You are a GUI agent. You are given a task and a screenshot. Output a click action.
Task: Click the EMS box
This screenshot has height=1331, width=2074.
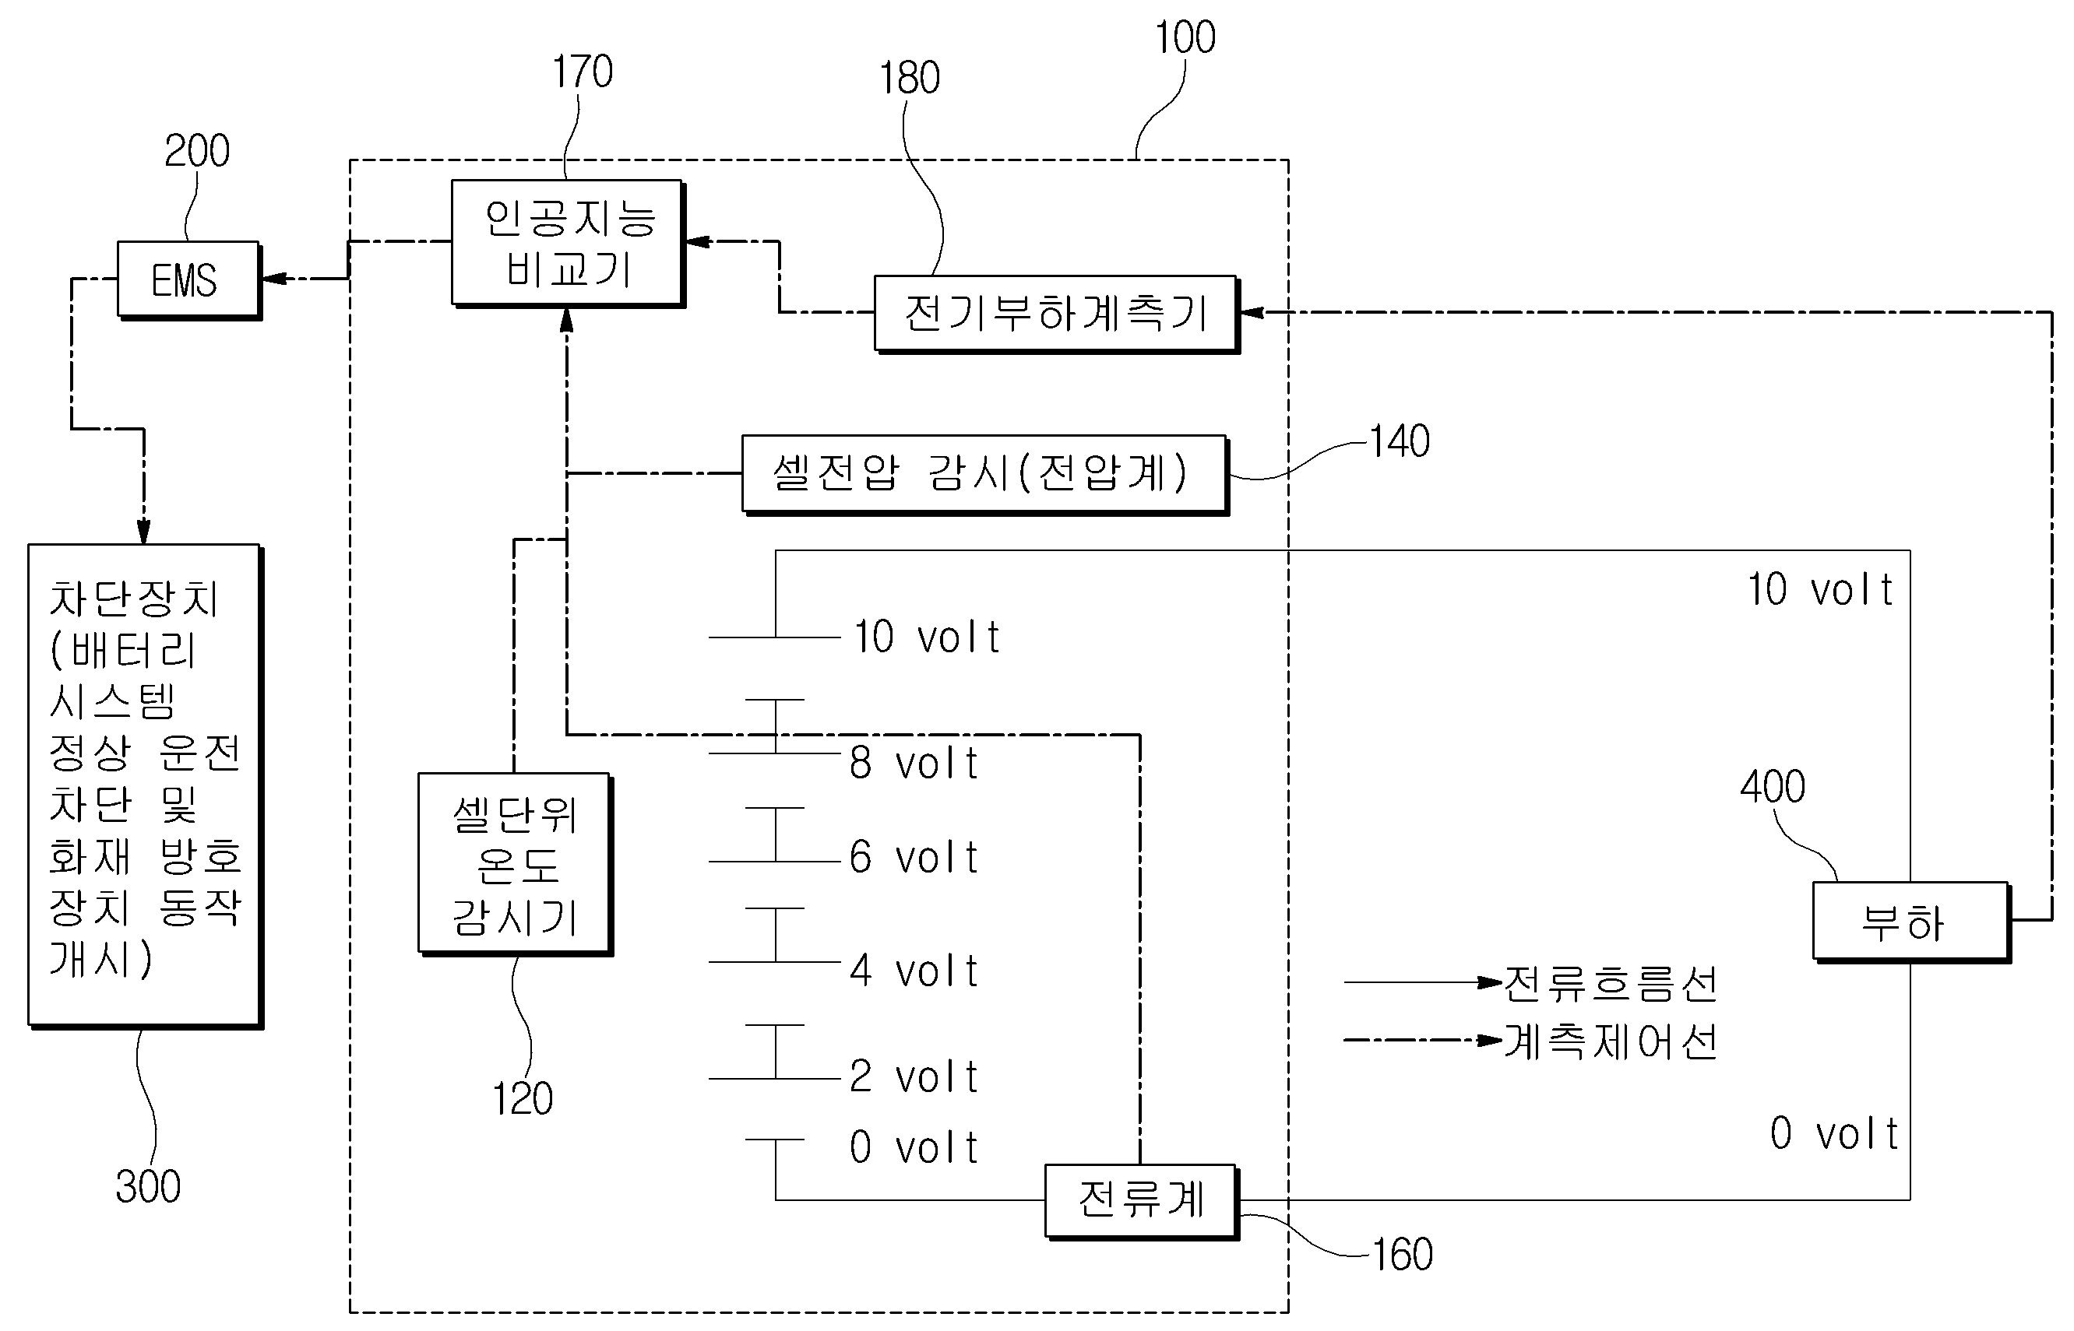pos(188,279)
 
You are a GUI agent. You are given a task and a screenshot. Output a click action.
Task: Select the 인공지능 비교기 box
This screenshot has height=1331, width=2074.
pos(567,242)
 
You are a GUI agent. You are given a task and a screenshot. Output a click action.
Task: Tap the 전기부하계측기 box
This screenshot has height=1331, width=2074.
pos(1055,313)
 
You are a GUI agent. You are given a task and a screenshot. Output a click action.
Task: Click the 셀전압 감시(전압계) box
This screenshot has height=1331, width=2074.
pos(984,473)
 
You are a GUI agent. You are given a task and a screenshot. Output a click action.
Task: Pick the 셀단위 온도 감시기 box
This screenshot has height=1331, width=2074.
pos(514,863)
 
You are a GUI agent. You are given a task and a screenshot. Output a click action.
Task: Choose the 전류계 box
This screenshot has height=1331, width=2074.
pos(1140,1200)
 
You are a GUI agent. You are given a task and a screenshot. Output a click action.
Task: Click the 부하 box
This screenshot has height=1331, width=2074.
pos(1909,922)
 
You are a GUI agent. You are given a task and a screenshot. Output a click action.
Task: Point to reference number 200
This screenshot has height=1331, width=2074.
pos(197,151)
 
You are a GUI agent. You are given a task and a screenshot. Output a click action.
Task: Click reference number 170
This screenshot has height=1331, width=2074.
pos(583,72)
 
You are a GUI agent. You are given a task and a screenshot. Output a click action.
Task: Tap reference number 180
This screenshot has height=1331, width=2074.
pos(910,79)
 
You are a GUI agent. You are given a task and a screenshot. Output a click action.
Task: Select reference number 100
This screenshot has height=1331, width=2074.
pos(1185,38)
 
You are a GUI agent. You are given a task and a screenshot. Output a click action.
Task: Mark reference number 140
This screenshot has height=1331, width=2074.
pos(1400,441)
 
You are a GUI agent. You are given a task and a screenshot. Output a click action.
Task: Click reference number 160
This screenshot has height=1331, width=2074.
pos(1402,1255)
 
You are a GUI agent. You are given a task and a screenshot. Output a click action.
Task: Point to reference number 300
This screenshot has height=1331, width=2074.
pos(148,1187)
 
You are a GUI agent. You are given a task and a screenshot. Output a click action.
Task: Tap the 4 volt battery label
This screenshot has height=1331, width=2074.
pos(913,971)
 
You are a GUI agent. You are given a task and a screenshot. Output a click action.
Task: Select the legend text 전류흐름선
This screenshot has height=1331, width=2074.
pos(1610,984)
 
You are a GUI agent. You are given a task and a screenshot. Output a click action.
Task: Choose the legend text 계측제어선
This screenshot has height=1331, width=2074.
pos(1610,1041)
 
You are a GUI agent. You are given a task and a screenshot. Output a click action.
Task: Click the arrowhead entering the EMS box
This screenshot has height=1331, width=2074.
pos(273,279)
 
